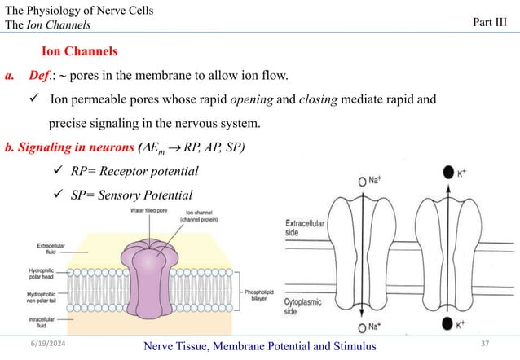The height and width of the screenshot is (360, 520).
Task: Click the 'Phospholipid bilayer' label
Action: pyautogui.click(x=262, y=292)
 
